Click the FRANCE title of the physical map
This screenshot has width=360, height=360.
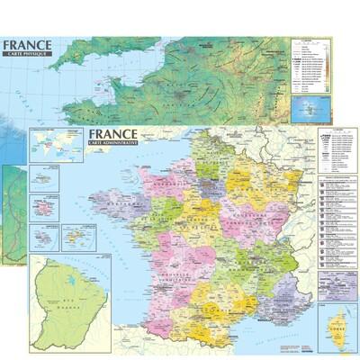click(x=27, y=44)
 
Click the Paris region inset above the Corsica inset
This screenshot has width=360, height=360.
click(x=337, y=283)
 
